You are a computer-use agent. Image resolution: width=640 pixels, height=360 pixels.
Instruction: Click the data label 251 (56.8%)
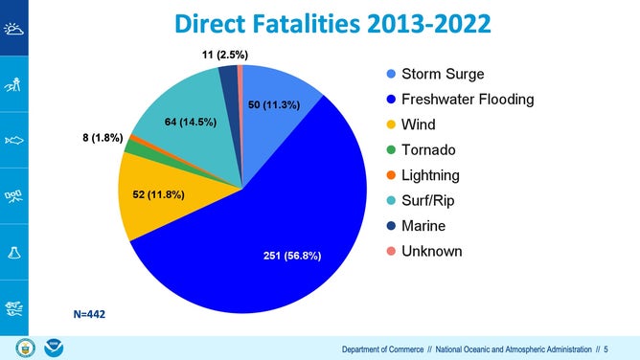(x=292, y=256)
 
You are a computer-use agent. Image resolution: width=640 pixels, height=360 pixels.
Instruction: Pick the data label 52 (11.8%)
(x=158, y=195)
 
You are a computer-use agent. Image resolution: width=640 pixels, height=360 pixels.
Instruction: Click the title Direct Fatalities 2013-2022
(x=319, y=23)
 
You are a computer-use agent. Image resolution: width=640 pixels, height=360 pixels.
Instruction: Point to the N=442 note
(x=92, y=313)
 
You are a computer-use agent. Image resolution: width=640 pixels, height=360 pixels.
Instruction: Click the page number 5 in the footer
(x=606, y=349)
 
